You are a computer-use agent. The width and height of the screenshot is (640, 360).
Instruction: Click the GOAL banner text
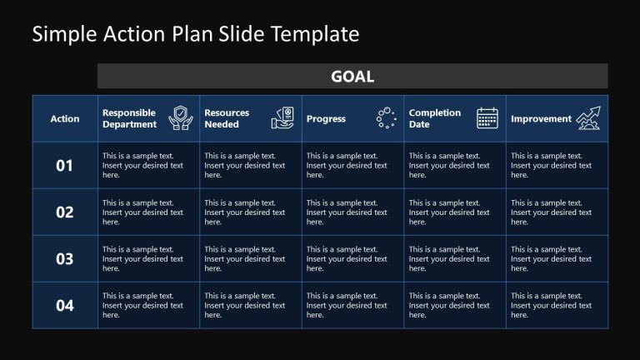pos(352,77)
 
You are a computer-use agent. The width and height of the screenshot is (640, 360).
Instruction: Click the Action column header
pos(65,118)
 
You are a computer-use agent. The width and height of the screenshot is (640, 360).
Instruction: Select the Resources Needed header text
pos(227,118)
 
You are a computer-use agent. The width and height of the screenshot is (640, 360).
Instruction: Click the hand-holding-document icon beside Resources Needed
pos(282,118)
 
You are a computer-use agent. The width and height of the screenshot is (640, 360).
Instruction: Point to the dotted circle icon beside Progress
pos(386,118)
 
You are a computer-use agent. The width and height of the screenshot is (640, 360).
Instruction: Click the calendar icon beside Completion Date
pos(487,118)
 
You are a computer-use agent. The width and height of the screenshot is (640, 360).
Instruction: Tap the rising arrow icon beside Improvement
pos(588,118)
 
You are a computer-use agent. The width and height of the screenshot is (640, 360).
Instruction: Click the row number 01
pos(65,166)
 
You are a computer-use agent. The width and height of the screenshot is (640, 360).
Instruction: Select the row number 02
pos(65,212)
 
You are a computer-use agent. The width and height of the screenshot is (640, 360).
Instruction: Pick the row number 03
pos(65,259)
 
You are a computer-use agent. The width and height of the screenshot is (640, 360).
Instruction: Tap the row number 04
pos(65,306)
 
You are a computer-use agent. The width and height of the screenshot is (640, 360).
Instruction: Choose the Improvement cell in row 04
pos(551,306)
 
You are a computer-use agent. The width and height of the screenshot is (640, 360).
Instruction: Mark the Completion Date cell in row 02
pos(449,212)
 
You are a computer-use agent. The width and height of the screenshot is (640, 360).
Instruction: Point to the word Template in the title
pos(321,34)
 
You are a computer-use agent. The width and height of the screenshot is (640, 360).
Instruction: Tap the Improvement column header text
pos(541,118)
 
